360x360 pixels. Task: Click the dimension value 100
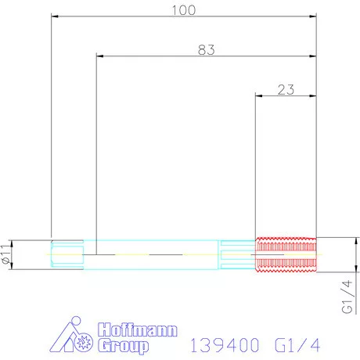[x=184, y=9]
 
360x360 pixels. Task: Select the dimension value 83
[x=206, y=49]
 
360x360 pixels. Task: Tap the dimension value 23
[x=286, y=89]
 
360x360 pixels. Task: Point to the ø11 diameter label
[x=7, y=254]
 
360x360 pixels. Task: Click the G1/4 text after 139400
[x=297, y=344]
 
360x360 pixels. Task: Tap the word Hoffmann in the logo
[x=137, y=330]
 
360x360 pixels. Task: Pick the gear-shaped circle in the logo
[x=85, y=342]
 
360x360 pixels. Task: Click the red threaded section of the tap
[x=286, y=254]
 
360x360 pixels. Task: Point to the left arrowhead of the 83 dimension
[x=99, y=56]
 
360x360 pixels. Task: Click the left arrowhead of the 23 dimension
[x=260, y=95]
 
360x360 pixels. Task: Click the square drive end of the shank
[x=67, y=254]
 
